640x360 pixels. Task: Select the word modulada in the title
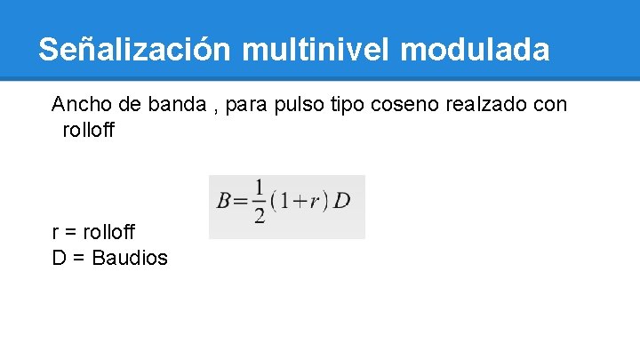tap(476, 49)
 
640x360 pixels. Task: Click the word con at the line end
tap(550, 106)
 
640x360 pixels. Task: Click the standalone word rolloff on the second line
tap(89, 131)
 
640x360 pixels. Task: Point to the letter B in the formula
tap(225, 201)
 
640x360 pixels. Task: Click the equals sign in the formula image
tap(242, 202)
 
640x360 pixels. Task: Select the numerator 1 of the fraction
tap(259, 188)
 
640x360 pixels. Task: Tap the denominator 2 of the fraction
tap(259, 216)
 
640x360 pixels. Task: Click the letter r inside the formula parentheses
tap(314, 201)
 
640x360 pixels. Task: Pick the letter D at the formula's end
tap(342, 201)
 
